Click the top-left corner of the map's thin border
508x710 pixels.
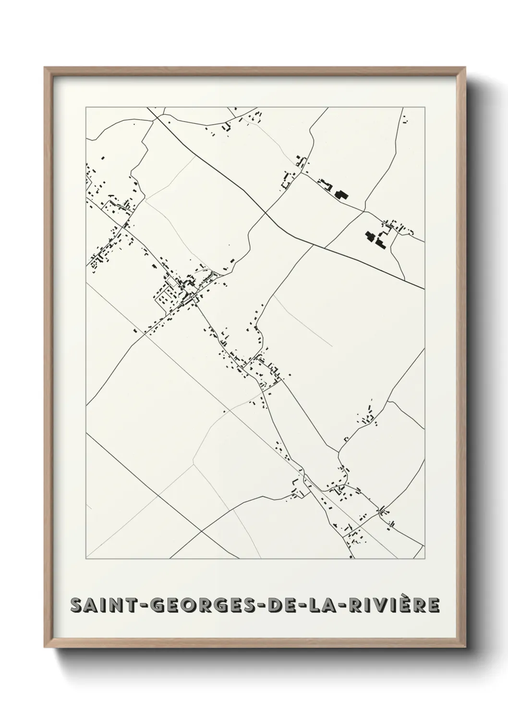(86, 107)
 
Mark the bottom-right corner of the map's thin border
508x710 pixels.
(424, 559)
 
